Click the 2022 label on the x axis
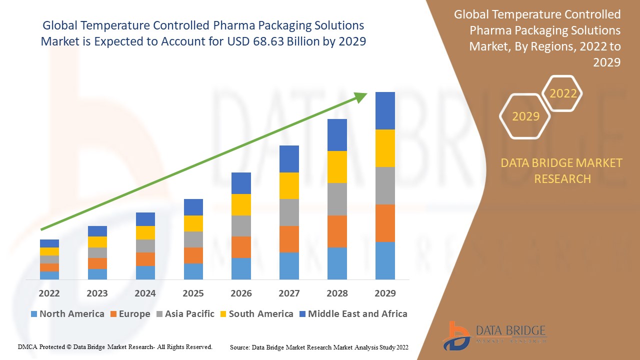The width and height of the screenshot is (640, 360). pos(49,293)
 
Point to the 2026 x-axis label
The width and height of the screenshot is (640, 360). pos(241,293)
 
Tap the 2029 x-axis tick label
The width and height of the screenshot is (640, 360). pos(385,293)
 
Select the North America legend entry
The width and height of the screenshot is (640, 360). pos(67,314)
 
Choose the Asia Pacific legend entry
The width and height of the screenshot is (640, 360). pos(185,314)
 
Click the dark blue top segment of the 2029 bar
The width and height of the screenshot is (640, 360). pos(385,110)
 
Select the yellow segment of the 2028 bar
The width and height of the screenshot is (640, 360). pos(337,167)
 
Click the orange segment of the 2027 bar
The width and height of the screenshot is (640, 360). pos(289,239)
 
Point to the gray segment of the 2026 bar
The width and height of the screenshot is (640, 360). pos(241,226)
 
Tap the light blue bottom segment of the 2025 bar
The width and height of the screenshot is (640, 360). pos(193,271)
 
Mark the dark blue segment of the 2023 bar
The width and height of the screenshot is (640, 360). pos(97,231)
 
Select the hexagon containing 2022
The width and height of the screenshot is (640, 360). pos(562,93)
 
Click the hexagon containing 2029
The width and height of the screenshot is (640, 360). pos(525,116)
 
